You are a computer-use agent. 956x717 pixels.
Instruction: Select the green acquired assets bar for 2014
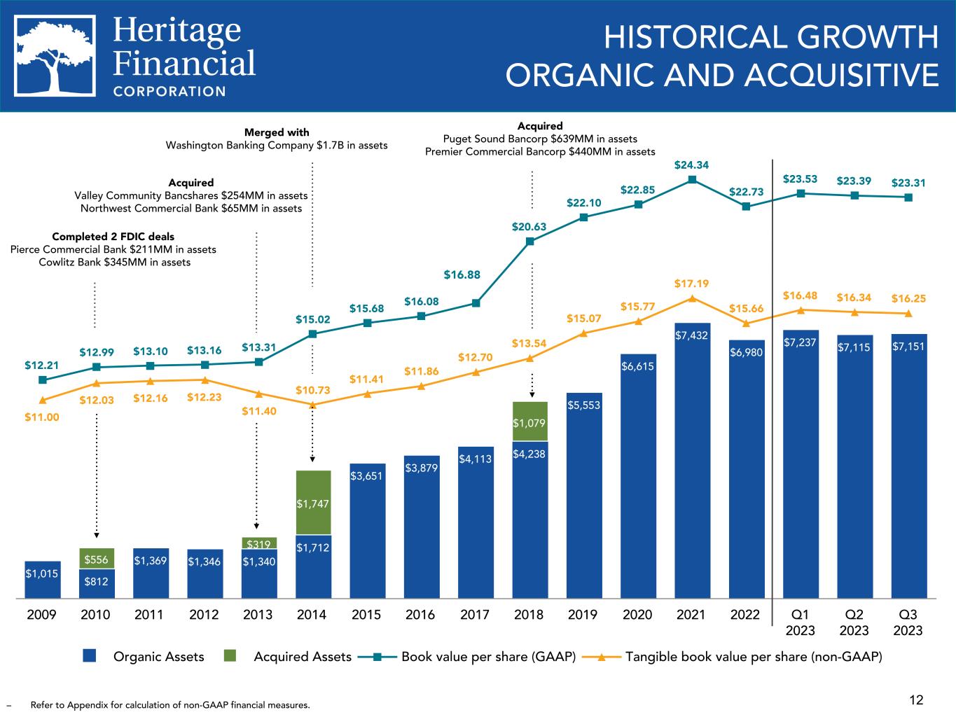click(313, 503)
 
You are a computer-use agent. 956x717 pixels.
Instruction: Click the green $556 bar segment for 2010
click(97, 559)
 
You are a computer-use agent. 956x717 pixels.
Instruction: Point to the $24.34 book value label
click(691, 165)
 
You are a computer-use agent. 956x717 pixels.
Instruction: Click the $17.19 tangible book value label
click(691, 284)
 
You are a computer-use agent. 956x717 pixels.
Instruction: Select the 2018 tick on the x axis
click(529, 615)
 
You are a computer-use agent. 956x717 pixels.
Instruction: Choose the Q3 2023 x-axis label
click(908, 622)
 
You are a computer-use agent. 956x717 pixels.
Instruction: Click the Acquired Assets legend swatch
click(235, 656)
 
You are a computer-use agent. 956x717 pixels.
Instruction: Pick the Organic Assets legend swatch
click(89, 656)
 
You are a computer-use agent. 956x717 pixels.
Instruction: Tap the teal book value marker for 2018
click(529, 242)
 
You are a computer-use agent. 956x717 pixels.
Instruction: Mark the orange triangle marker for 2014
click(313, 405)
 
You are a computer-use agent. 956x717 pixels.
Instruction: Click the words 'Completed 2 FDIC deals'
click(113, 237)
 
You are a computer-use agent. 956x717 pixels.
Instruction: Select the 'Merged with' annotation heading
click(276, 132)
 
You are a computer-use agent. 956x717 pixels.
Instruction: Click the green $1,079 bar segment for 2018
click(529, 422)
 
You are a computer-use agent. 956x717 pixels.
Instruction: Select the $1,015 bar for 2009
click(43, 580)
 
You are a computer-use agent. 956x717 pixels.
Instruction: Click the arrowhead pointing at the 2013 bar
click(257, 526)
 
